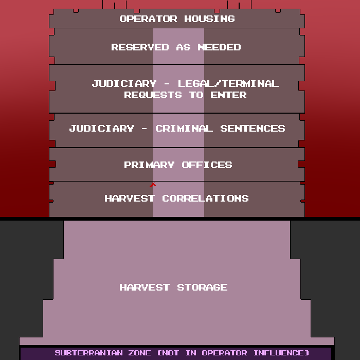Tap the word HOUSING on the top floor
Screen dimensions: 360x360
click(x=210, y=19)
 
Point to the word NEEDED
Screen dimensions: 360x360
click(x=219, y=47)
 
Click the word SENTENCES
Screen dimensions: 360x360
click(x=253, y=129)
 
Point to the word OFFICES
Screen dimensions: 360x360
click(x=207, y=165)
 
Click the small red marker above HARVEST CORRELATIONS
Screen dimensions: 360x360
click(x=153, y=185)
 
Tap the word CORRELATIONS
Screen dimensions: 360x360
click(x=206, y=199)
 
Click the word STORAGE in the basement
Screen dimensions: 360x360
click(x=202, y=287)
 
